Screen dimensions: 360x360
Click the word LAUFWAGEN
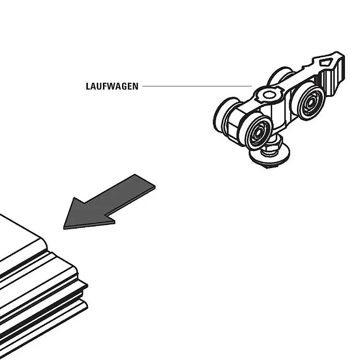112,86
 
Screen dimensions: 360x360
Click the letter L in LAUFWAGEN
88,86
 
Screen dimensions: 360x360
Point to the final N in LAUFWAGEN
136,86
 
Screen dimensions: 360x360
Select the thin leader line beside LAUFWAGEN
197,86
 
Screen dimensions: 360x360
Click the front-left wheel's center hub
258,132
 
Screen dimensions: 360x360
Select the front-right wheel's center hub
310,102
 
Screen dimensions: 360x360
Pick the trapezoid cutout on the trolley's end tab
326,62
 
